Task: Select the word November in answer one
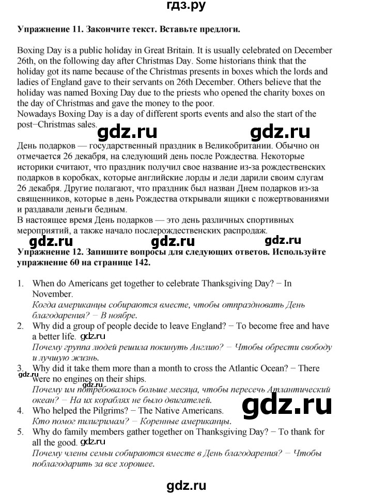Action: coord(53,294)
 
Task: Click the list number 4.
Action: coord(20,411)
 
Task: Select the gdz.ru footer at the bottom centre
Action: coord(186,485)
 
